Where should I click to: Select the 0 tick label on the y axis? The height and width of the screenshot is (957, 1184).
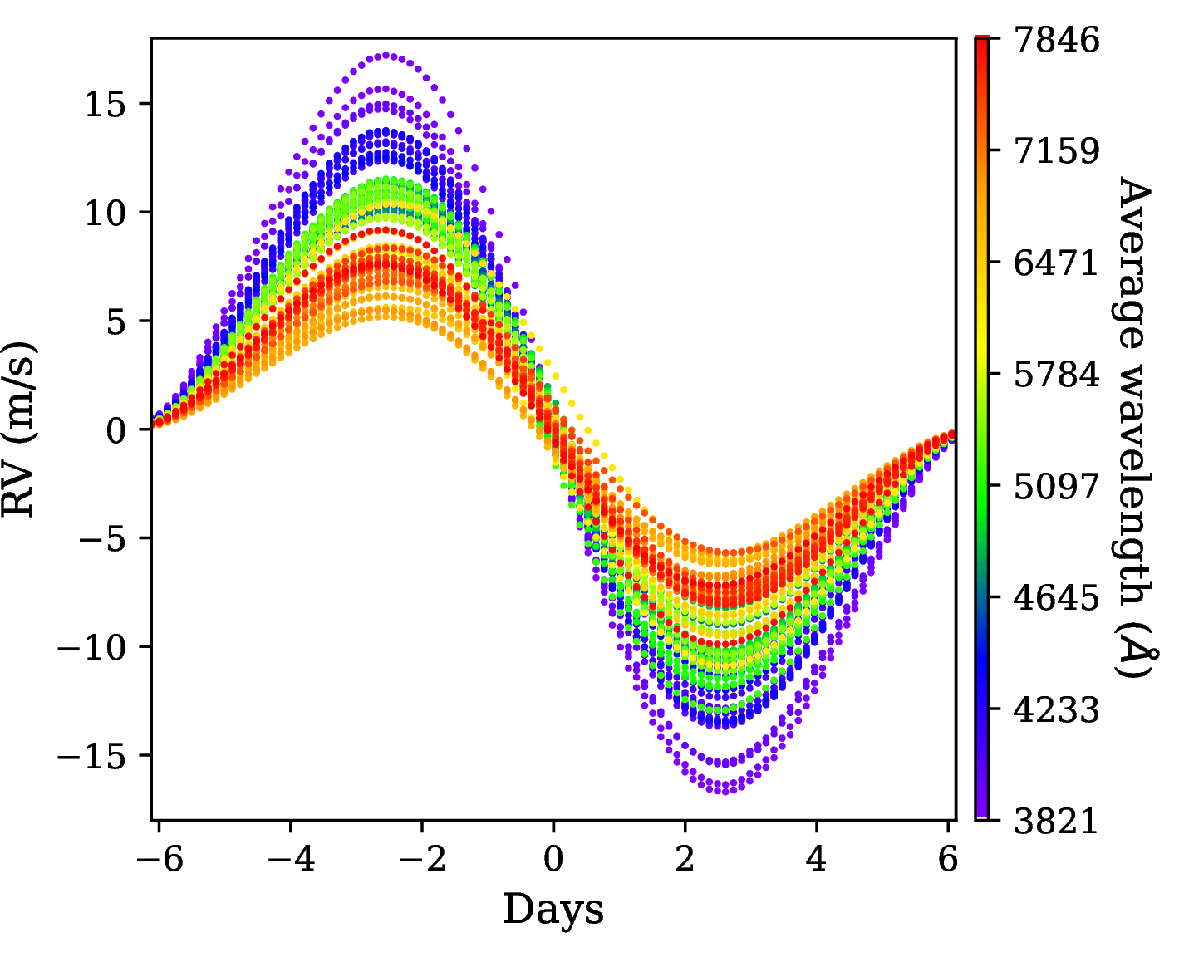pos(116,429)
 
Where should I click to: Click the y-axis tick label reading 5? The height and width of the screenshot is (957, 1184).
pos(116,321)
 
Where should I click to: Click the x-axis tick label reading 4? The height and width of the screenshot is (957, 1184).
pos(817,859)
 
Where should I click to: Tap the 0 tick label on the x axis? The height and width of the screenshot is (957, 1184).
pos(553,859)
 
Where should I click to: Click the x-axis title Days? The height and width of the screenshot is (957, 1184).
pos(553,909)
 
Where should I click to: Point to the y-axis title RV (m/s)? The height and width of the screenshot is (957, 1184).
pos(20,429)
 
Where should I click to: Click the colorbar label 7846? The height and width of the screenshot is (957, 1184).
pos(1056,40)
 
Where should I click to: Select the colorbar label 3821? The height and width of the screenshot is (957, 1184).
pos(1056,821)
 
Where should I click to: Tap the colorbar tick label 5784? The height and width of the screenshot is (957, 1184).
pos(1056,375)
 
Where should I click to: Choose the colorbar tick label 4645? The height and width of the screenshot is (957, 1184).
pos(1056,598)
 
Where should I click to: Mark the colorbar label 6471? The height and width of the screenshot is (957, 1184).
pos(1056,263)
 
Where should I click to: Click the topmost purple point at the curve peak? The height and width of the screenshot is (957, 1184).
pos(386,56)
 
